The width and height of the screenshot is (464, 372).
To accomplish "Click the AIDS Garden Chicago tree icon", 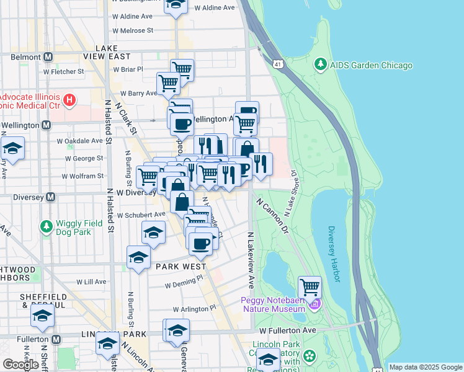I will click(x=321, y=64).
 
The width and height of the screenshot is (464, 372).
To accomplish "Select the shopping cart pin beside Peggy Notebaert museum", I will click(x=310, y=287).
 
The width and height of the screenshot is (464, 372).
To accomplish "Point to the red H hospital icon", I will click(x=70, y=99).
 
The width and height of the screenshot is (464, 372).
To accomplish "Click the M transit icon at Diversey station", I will click(x=51, y=197).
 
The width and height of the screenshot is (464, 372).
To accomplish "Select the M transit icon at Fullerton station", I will click(x=56, y=340).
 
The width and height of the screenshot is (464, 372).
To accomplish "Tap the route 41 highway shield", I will click(x=277, y=64).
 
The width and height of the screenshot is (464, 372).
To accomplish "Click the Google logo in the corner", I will click(x=21, y=364).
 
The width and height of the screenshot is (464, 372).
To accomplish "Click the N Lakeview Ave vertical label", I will click(x=251, y=260).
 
